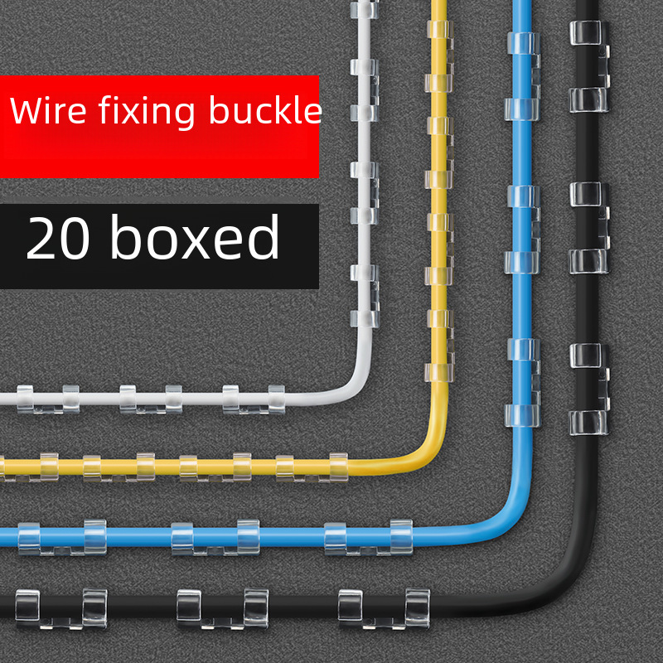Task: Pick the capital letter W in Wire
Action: click(x=24, y=111)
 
